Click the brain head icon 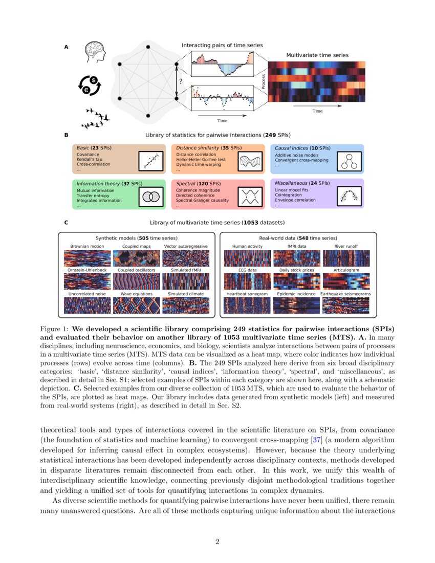click(x=96, y=52)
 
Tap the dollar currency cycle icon click(x=90, y=84)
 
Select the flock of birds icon click(x=95, y=117)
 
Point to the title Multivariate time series click(x=317, y=55)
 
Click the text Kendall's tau click(x=91, y=159)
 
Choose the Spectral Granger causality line click(x=203, y=200)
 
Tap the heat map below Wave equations click(x=136, y=305)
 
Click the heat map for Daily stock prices click(x=297, y=281)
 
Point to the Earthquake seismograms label click(x=346, y=294)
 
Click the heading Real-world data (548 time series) click(x=298, y=238)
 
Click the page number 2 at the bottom click(x=217, y=542)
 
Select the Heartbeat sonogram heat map click(x=248, y=305)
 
